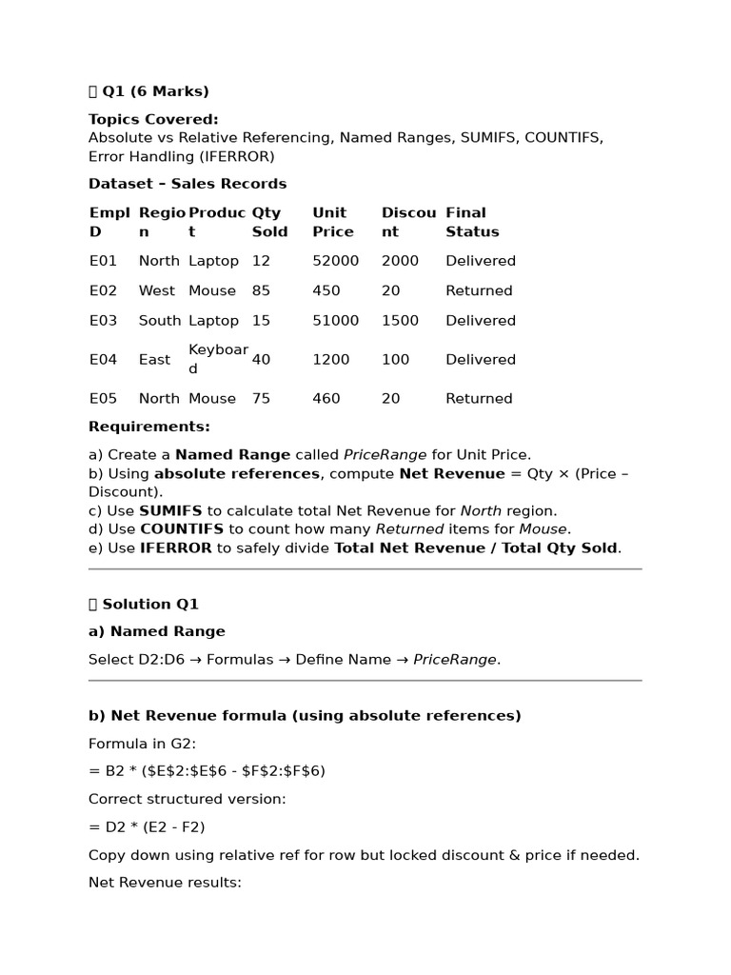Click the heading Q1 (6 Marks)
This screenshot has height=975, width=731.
coord(154,91)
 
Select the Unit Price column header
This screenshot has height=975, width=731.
coord(332,222)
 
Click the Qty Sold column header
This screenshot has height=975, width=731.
coord(270,222)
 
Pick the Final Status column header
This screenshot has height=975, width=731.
coord(471,222)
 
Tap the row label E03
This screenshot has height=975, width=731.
coord(103,321)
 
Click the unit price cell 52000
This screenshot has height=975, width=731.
coord(335,261)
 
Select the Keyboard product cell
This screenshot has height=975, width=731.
coord(218,359)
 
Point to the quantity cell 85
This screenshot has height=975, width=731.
coord(261,291)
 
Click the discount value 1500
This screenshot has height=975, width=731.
coord(400,321)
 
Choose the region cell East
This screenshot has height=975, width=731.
coord(154,360)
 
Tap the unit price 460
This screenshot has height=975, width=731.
coord(326,399)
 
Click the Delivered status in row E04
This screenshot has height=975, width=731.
coord(480,360)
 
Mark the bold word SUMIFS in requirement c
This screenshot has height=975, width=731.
coord(170,510)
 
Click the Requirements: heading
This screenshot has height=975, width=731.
coord(149,427)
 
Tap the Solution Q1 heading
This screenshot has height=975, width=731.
coord(149,605)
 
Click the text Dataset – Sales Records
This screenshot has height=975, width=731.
coord(188,184)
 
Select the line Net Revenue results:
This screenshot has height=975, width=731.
coord(165,883)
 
